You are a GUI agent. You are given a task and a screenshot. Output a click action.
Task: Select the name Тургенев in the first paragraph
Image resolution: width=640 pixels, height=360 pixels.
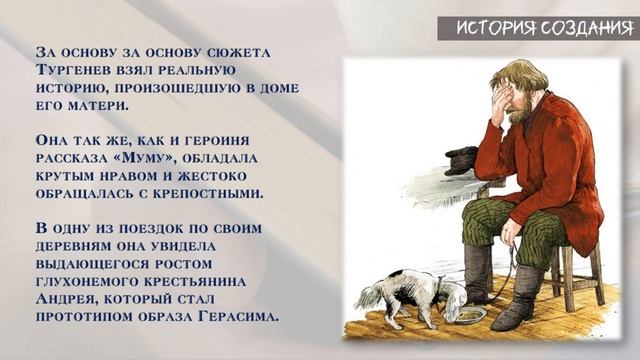pos(76,74)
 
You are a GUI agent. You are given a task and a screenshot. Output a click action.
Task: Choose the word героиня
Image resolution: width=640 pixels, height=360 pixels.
pos(251,138)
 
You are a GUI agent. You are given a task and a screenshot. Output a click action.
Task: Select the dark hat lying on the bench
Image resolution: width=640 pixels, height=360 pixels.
pos(461,161)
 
